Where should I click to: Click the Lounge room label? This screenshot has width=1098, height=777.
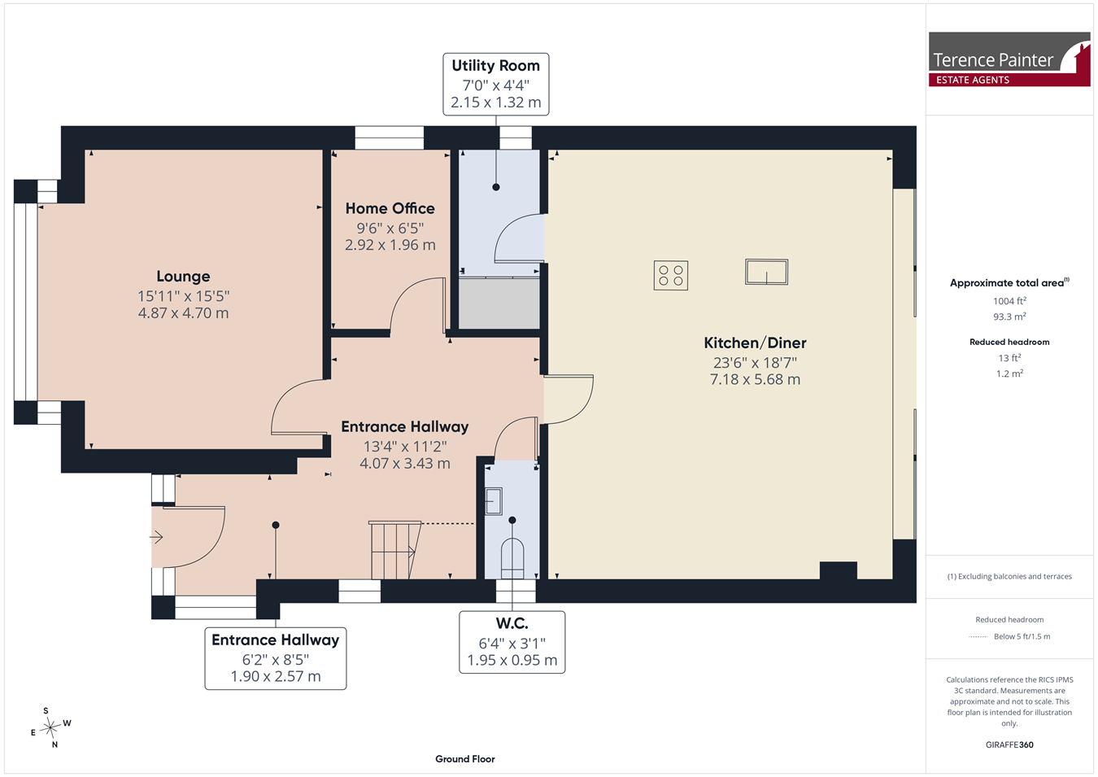click(183, 277)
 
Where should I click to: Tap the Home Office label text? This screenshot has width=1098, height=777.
click(390, 209)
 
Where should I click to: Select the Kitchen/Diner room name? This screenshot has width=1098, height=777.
click(755, 343)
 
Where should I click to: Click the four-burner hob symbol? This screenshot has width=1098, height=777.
click(670, 276)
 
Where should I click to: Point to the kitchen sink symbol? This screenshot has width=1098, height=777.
click(766, 272)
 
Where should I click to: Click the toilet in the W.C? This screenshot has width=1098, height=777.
click(512, 559)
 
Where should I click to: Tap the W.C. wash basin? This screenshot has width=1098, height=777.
click(494, 501)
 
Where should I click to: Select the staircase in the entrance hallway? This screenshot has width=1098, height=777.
click(395, 550)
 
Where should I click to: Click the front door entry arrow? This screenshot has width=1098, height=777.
click(156, 537)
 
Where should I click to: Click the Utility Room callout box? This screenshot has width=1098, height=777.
click(495, 85)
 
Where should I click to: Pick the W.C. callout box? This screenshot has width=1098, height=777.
click(512, 642)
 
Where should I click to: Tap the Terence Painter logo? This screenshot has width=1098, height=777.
click(1009, 59)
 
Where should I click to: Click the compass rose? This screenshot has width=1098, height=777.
click(50, 727)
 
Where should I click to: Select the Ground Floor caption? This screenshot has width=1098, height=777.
click(464, 759)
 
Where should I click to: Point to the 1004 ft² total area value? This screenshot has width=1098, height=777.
click(1009, 301)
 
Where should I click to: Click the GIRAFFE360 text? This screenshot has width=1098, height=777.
click(1009, 744)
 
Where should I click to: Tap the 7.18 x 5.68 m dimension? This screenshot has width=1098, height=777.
click(755, 379)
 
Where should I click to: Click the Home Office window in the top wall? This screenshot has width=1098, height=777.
click(390, 138)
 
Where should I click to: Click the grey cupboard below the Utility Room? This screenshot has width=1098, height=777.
click(499, 303)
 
